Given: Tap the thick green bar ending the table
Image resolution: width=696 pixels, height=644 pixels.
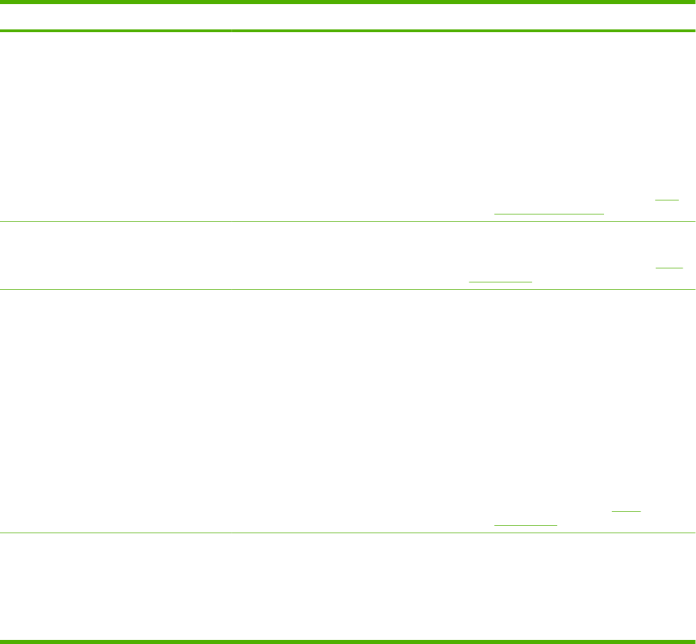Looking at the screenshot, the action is click(348, 640).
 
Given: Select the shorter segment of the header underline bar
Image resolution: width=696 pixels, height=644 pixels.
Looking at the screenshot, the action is click(115, 31).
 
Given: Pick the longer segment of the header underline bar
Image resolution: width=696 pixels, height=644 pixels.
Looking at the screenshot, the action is click(463, 31).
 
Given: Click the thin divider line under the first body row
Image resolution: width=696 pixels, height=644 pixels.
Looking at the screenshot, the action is click(348, 222).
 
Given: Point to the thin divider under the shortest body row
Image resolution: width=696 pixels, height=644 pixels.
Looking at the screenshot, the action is click(348, 289).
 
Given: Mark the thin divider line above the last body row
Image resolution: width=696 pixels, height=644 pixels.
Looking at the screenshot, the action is click(348, 533).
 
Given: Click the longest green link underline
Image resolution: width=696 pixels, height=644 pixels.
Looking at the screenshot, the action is click(549, 212).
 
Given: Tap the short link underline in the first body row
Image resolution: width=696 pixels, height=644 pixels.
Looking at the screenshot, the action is click(667, 200).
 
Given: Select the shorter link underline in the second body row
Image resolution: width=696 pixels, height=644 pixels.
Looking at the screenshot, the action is click(670, 268).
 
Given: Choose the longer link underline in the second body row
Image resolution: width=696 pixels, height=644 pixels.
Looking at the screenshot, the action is click(500, 280).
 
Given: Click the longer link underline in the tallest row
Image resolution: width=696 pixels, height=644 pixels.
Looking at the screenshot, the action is click(526, 523).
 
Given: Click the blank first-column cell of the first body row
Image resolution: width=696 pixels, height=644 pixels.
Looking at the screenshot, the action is click(115, 127).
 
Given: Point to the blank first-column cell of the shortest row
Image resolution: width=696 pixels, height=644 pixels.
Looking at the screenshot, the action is click(115, 256).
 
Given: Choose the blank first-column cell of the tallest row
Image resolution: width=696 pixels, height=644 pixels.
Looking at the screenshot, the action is click(115, 411).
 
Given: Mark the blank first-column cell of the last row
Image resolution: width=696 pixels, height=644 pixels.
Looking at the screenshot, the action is click(115, 586).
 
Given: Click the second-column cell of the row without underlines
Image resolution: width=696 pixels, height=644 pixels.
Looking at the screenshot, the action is click(463, 586).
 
